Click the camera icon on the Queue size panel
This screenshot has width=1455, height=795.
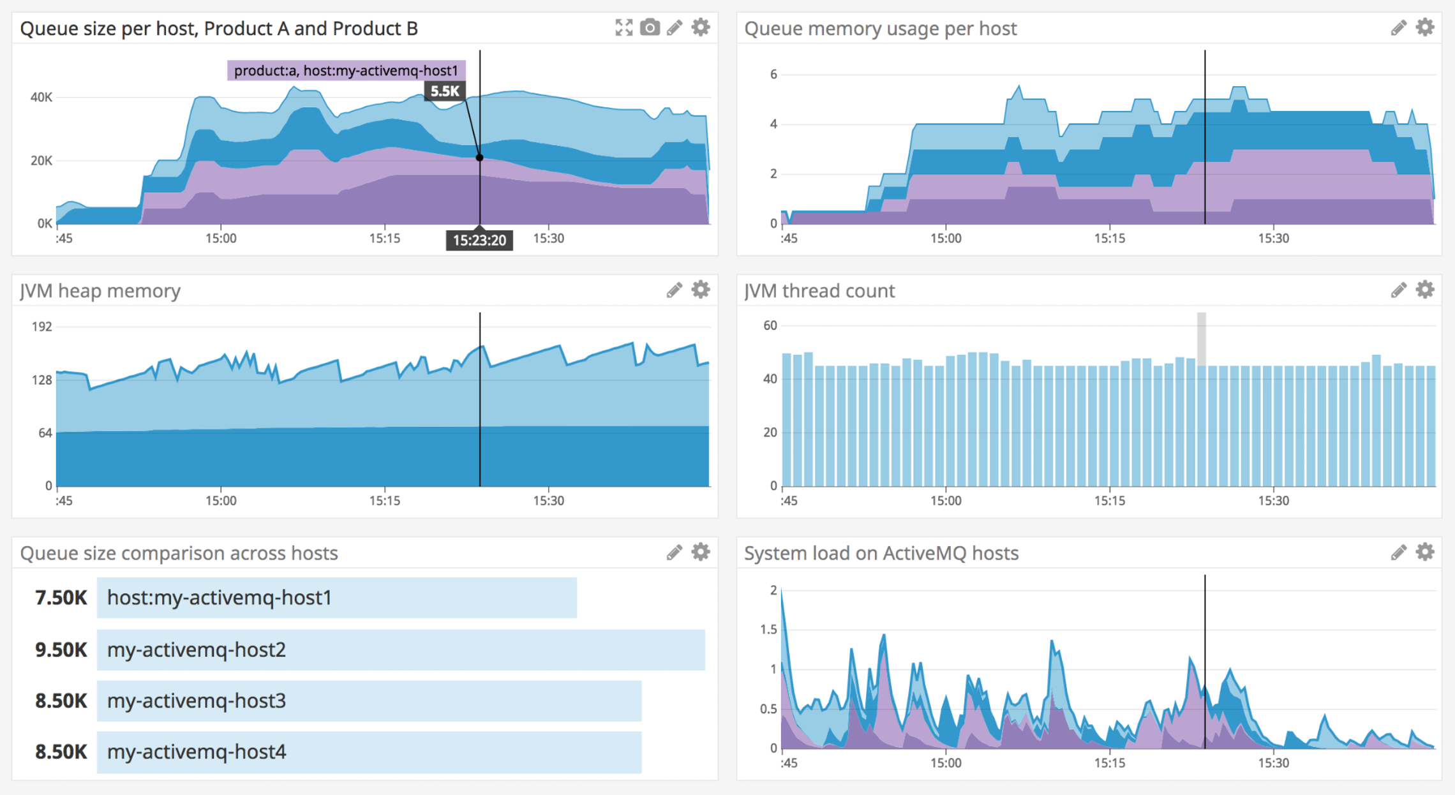[x=650, y=27]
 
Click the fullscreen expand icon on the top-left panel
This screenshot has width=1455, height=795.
[x=623, y=27]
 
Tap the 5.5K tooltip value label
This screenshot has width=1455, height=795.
[x=445, y=91]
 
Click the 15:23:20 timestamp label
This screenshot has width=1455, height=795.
[x=479, y=241]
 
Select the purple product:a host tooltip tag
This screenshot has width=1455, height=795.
[x=346, y=70]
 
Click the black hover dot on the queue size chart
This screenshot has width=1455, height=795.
[x=480, y=158]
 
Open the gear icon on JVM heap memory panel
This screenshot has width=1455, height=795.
[x=701, y=290]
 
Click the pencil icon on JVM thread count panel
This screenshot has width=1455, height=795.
[x=1398, y=290]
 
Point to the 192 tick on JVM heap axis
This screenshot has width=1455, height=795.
[x=42, y=327]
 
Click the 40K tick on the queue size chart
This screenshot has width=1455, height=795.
[x=41, y=97]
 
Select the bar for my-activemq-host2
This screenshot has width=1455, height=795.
[x=401, y=650]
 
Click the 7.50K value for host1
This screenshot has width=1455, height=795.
[x=61, y=598]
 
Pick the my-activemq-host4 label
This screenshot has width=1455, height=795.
[x=197, y=752]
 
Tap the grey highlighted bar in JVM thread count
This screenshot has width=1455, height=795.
[x=1201, y=338]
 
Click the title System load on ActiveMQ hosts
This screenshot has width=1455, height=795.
[x=881, y=553]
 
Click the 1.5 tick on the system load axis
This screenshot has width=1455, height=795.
[x=768, y=629]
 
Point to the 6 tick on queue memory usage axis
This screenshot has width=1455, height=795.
[x=773, y=75]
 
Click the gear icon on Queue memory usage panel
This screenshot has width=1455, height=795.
[x=1425, y=27]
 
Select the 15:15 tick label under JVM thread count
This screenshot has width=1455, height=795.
[x=1110, y=501]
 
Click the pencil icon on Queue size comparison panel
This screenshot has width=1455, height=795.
[x=674, y=553]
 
